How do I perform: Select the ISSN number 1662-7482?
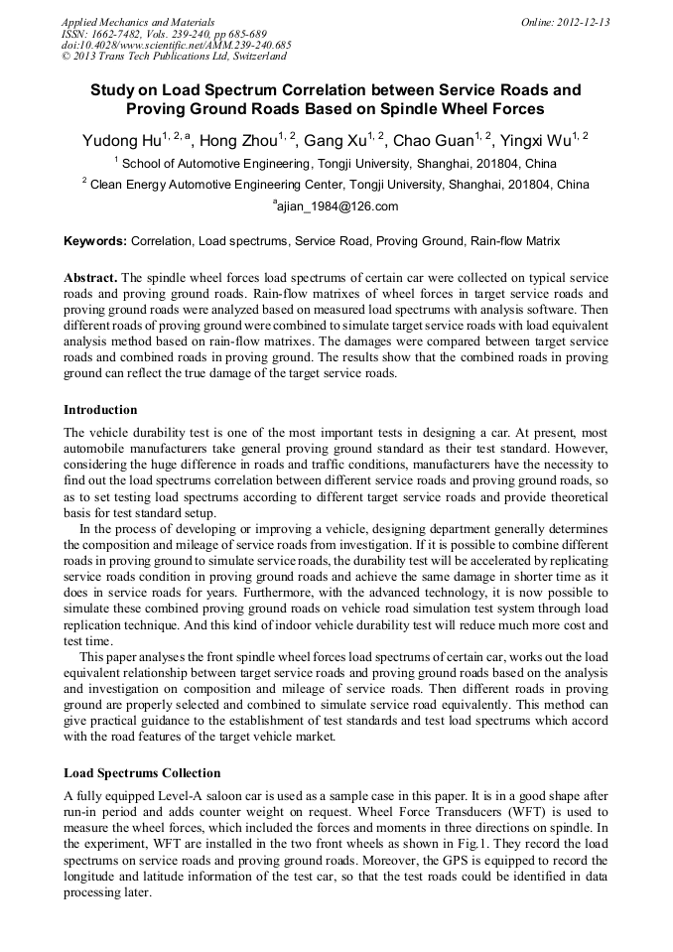pos(118,34)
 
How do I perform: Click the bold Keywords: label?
pos(95,241)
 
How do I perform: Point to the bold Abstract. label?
pos(90,277)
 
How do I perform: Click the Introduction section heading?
pos(100,410)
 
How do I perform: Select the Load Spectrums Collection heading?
pos(142,773)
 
